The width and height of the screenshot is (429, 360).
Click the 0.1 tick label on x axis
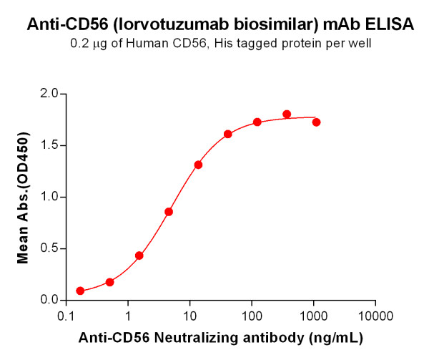pos(66,316)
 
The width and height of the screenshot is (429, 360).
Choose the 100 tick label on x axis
pos(252,316)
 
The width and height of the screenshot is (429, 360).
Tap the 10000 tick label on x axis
pos(375,316)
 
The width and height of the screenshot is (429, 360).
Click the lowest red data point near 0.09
pos(80,291)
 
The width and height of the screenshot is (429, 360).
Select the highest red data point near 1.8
pos(287,114)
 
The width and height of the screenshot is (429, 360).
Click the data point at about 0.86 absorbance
pos(169,211)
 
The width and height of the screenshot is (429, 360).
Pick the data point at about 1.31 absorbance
pos(198,165)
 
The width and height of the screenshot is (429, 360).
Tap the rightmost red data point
pos(316,122)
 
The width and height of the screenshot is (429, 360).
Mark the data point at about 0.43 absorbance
pos(139,256)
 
